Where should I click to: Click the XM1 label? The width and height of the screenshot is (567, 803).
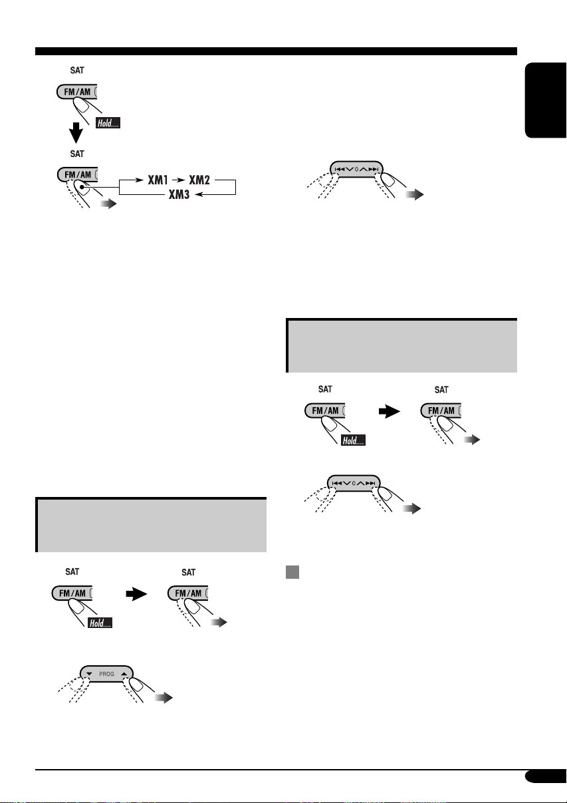(x=158, y=180)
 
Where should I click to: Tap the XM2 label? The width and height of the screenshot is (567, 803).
(x=199, y=180)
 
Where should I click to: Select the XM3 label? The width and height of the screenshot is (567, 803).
(x=179, y=195)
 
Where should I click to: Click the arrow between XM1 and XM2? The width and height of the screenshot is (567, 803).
(x=178, y=180)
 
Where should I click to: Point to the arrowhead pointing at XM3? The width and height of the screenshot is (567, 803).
(x=199, y=195)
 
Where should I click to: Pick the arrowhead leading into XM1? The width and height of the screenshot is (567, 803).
(x=140, y=180)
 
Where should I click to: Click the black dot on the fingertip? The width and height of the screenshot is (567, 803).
(x=82, y=187)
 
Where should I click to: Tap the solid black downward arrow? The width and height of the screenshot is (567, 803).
(x=76, y=132)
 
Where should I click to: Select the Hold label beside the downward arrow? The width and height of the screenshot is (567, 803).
(x=108, y=123)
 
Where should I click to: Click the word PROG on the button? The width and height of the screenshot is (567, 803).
(x=106, y=674)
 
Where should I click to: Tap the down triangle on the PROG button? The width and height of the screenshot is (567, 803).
(x=89, y=674)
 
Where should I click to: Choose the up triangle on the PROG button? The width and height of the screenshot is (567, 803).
(x=124, y=674)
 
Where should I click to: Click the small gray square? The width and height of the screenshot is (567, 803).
(x=292, y=572)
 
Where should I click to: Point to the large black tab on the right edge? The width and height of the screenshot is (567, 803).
(x=546, y=100)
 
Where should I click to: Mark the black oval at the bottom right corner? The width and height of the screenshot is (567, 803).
(x=546, y=776)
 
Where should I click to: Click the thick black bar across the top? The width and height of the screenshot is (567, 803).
(x=276, y=51)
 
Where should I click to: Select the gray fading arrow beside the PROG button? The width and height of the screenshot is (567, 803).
(x=164, y=698)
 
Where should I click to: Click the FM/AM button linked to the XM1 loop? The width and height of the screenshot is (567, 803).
(x=77, y=174)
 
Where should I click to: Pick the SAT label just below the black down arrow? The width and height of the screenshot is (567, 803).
(x=77, y=154)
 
